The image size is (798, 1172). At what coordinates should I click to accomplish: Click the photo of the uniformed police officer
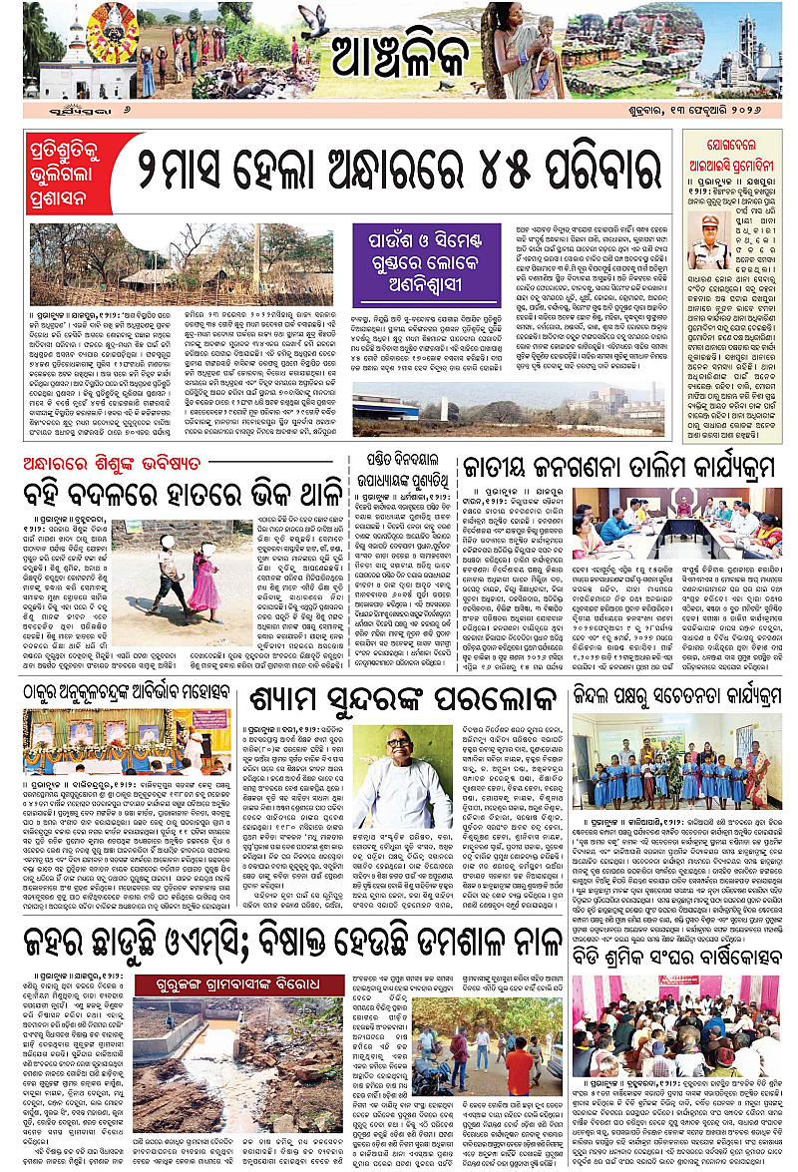tap(707, 236)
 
